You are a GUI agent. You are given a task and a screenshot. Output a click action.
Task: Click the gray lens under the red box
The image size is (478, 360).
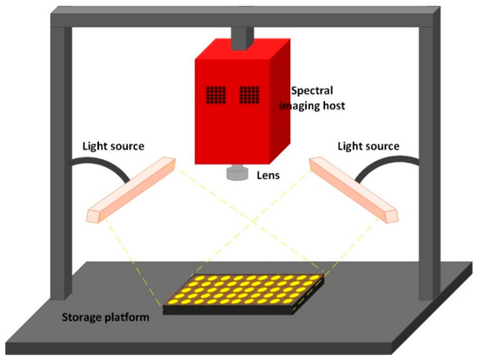(237, 172)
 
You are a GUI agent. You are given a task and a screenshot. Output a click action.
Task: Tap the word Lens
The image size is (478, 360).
(268, 176)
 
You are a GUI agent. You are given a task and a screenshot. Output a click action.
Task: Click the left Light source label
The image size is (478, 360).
(113, 146)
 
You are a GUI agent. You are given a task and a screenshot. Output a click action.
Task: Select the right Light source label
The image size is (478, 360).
(368, 146)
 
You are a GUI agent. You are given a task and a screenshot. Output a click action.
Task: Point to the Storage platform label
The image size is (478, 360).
(105, 317)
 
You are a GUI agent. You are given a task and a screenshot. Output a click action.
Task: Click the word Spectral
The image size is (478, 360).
(312, 90)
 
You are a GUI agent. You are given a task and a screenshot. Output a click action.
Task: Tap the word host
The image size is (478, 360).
(333, 105)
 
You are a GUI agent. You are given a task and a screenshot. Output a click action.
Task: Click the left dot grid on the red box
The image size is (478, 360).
(216, 95)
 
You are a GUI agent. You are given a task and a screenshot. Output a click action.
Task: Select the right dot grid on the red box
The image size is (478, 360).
(249, 95)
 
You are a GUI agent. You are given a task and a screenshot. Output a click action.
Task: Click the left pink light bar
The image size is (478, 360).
(131, 190)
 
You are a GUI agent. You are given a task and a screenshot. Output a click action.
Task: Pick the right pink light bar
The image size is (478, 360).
(354, 190)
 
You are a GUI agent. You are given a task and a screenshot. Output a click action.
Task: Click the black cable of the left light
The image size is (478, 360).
(101, 163)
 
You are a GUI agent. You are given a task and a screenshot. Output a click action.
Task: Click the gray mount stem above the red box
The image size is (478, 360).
(242, 38)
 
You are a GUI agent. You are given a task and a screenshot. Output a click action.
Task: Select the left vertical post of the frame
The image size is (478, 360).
(62, 162)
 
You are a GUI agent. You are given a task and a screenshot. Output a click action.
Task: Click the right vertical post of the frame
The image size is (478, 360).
(429, 162)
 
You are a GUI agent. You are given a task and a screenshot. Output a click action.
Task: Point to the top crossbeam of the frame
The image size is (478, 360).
(245, 17)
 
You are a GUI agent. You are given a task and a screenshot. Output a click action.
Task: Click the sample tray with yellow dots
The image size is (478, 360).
(243, 294)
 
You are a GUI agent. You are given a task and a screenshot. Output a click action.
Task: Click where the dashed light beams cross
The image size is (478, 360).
(253, 221)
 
